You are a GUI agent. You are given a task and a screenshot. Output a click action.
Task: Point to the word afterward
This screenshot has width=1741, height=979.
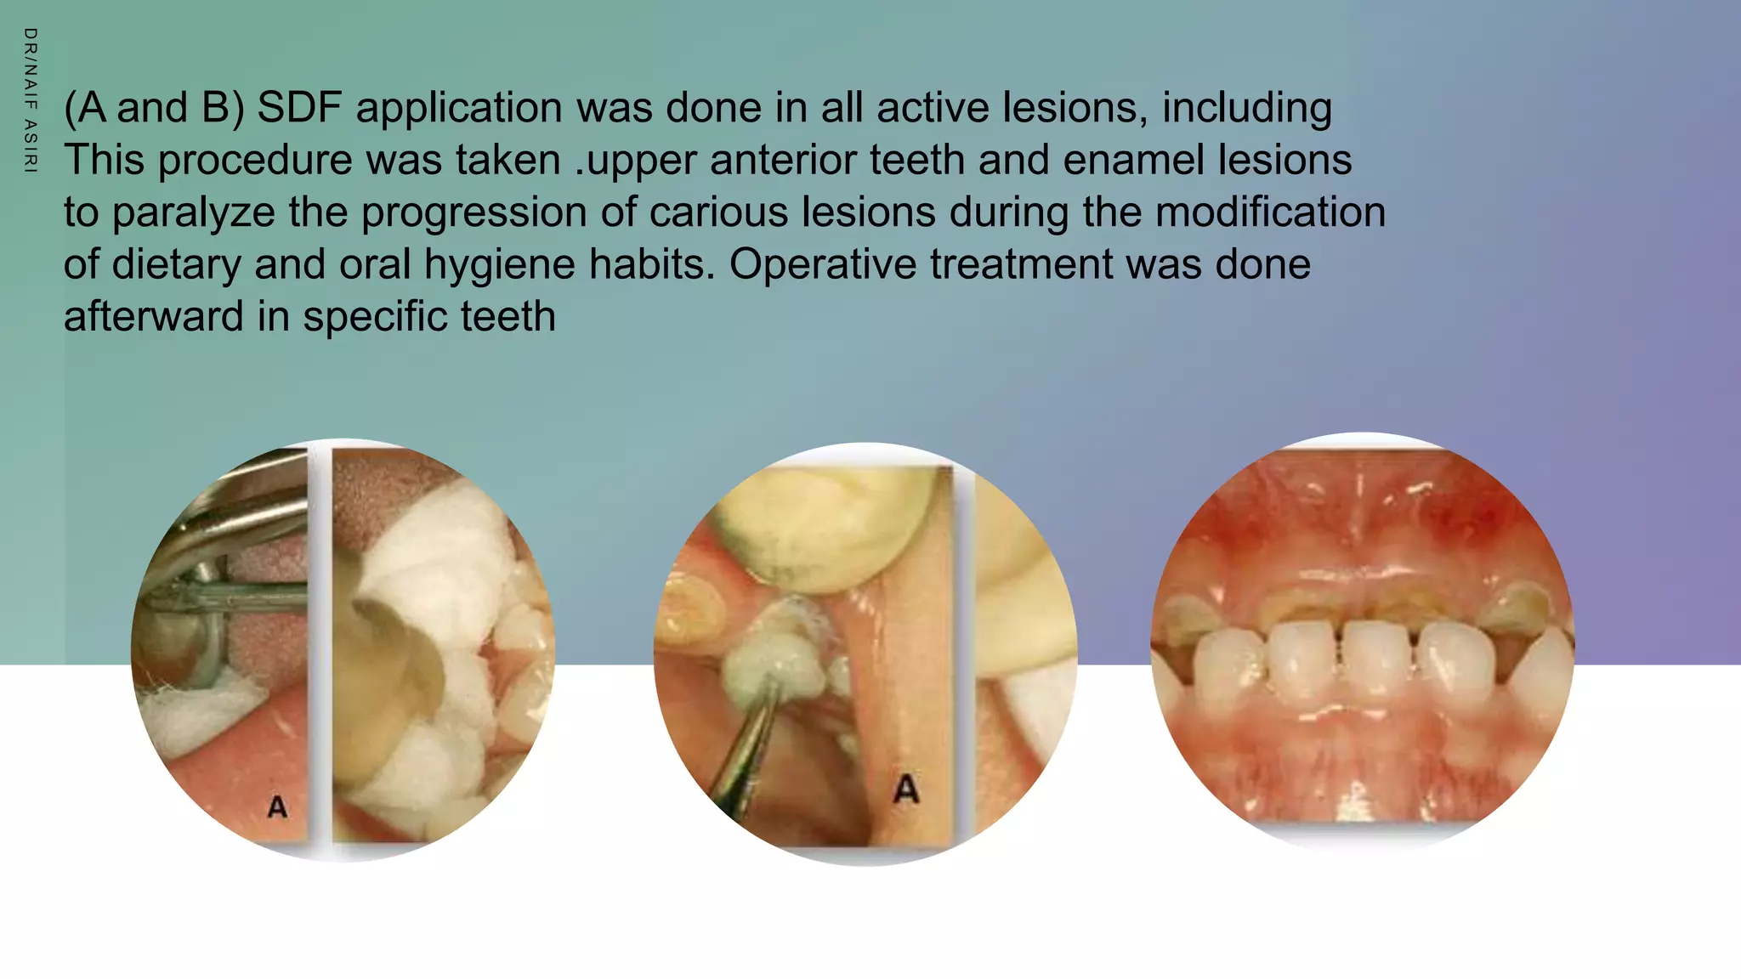153,316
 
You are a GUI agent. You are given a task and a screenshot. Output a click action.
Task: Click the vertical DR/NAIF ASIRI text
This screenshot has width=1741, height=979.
30,100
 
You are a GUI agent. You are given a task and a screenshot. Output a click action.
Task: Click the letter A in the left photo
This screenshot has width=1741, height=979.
277,806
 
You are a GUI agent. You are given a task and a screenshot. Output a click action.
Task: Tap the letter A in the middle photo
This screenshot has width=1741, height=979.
906,789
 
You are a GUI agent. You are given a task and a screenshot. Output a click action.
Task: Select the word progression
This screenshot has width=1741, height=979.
474,212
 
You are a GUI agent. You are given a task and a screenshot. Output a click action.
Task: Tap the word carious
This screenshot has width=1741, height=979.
718,212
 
